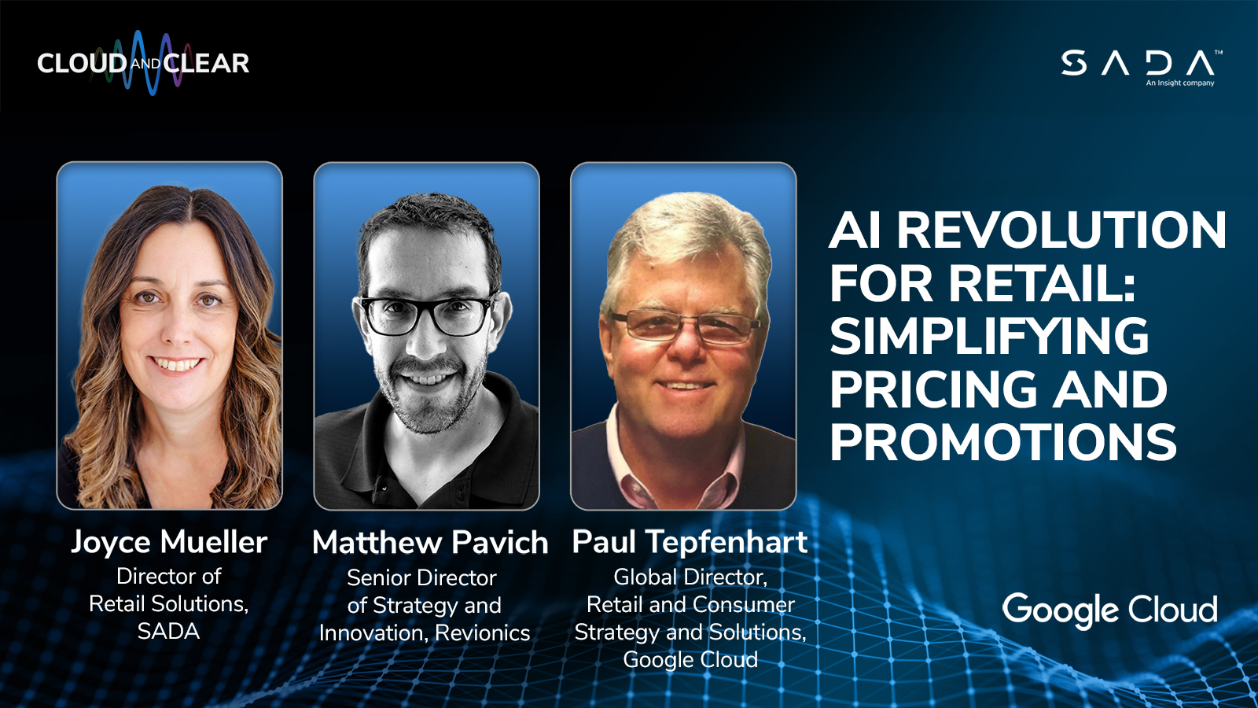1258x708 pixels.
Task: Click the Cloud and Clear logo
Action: tap(143, 63)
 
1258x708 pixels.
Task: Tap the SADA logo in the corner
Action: tap(1140, 64)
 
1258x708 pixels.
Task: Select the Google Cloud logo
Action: tap(1109, 610)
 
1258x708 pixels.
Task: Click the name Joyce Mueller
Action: tap(169, 542)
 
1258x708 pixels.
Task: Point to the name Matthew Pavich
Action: tap(430, 543)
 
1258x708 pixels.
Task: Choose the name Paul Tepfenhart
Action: tap(690, 542)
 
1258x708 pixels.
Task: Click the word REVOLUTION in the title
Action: tap(1061, 230)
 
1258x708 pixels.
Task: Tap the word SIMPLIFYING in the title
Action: tap(989, 337)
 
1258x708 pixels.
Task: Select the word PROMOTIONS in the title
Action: tap(1002, 443)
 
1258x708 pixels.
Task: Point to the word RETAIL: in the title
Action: tap(1042, 283)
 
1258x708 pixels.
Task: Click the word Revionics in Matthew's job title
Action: tap(483, 633)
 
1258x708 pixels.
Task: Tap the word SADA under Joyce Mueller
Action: tap(168, 632)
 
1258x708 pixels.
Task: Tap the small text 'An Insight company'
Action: tap(1179, 83)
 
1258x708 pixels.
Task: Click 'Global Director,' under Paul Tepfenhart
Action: tap(690, 577)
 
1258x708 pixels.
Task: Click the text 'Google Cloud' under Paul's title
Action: tap(690, 660)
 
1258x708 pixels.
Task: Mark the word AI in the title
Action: tap(855, 230)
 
